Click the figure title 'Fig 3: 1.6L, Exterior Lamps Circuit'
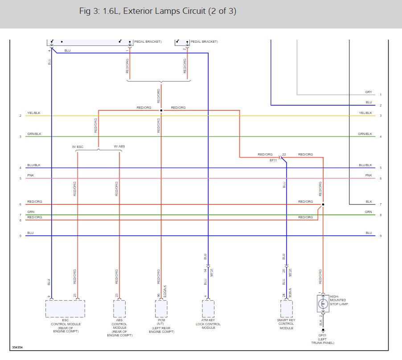pyautogui.click(x=157, y=11)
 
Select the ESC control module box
pyautogui.click(x=65, y=308)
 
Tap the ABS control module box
pyautogui.click(x=119, y=308)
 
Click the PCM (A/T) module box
pyautogui.click(x=161, y=308)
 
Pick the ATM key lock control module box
pyautogui.click(x=208, y=308)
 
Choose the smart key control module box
pyautogui.click(x=287, y=308)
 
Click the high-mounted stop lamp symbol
pyautogui.click(x=323, y=305)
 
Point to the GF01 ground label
pyautogui.click(x=322, y=335)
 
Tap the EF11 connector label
pyautogui.click(x=273, y=160)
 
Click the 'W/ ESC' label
pyautogui.click(x=78, y=147)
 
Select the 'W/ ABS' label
pyautogui.click(x=119, y=147)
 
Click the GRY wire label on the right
pyautogui.click(x=368, y=92)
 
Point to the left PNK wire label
pyautogui.click(x=30, y=176)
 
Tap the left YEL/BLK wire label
pyautogui.click(x=33, y=113)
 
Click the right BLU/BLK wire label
pyautogui.click(x=365, y=165)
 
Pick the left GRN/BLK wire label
pyautogui.click(x=34, y=134)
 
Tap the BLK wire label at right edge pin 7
pyautogui.click(x=369, y=202)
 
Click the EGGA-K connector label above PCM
pyautogui.click(x=165, y=291)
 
